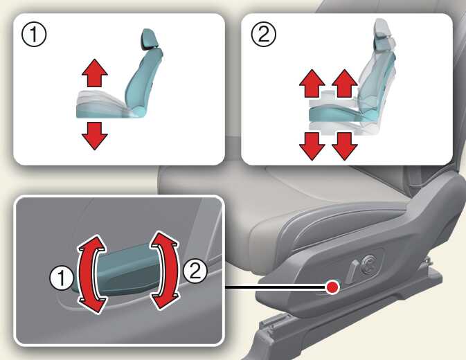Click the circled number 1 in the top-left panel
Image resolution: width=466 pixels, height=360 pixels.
coord(34,35)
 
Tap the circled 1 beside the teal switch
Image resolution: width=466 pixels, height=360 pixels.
coord(61,278)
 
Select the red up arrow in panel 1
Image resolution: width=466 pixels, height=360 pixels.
coord(94,73)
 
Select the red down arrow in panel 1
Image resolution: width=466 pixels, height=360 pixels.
coord(94,136)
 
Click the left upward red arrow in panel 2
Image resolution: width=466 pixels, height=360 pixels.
coord(312,83)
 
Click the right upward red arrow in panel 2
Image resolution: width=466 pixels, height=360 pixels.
coord(344,83)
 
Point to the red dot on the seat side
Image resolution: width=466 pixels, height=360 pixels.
coord(332,287)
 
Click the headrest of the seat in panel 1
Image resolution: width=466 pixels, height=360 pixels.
coord(147,39)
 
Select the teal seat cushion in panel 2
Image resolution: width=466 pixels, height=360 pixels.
coord(336,114)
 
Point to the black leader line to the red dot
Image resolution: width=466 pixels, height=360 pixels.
coord(276,287)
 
